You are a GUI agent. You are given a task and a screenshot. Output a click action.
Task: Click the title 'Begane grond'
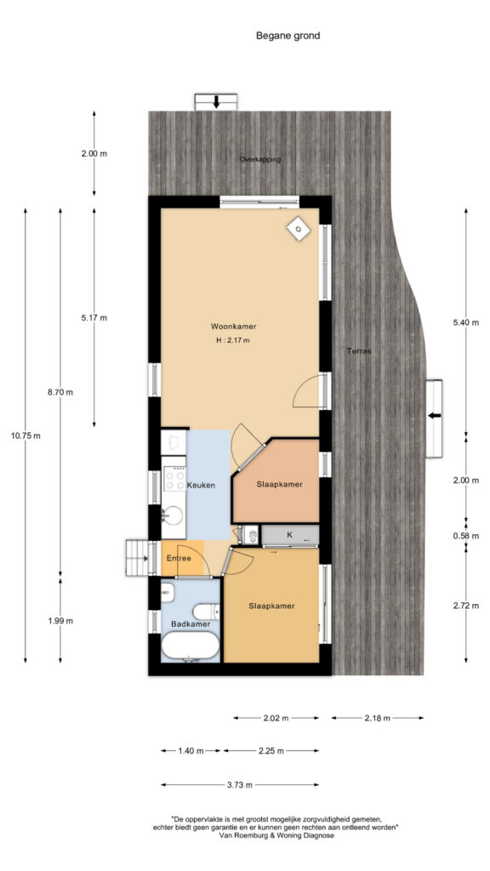pos(288,36)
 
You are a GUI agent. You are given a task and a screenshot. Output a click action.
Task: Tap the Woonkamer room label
pos(233,326)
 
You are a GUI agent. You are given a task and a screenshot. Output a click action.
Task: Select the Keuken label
pos(201,485)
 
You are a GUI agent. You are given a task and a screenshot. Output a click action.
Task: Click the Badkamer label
pos(191,623)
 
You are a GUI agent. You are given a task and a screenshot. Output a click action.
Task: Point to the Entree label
pos(179,558)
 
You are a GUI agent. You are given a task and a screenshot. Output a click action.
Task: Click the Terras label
pos(358,351)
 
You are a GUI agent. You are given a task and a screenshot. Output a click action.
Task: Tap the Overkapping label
pos(260,159)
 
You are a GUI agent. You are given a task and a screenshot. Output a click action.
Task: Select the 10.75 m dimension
pos(26,435)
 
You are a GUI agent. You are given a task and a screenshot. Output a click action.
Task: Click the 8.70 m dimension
pos(60,392)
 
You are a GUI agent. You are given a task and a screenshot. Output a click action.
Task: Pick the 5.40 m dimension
pos(466,323)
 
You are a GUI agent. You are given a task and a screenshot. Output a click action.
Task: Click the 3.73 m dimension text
pos(240,785)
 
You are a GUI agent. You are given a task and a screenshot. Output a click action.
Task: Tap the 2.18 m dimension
pos(378,718)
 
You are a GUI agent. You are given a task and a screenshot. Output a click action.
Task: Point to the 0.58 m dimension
pos(466,536)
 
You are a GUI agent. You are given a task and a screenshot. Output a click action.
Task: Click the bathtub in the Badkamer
pos(190,646)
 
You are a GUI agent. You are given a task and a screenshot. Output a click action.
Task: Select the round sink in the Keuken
pos(174,515)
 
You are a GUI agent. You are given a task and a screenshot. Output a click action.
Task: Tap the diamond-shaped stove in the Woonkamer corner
pos(299,229)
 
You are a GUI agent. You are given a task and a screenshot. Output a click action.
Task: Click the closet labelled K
pos(289,535)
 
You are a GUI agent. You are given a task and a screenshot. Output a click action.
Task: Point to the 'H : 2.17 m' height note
pos(233,340)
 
